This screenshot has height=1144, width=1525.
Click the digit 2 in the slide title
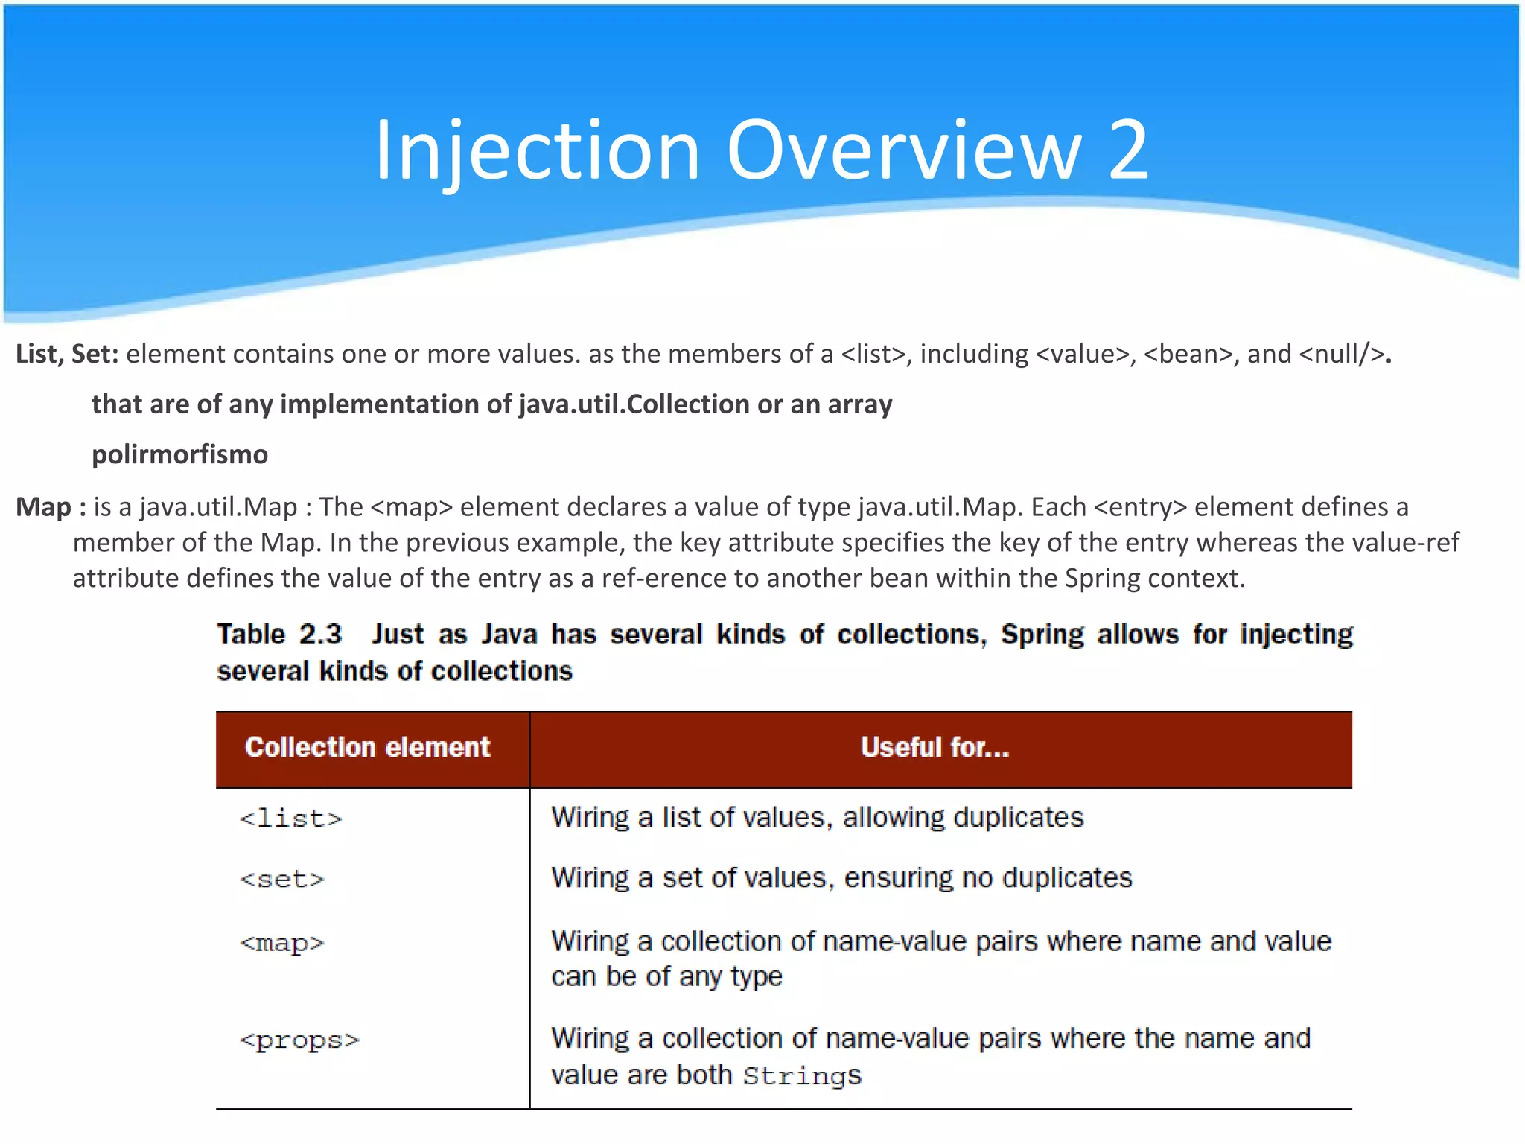[x=1128, y=150]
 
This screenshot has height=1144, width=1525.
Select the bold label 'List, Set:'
[x=67, y=354]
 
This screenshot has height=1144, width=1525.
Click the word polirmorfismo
[x=179, y=454]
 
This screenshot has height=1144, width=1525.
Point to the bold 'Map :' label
[x=51, y=507]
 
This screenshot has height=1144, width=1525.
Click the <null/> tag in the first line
[x=1342, y=354]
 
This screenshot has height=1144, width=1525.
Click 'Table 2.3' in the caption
[x=279, y=635]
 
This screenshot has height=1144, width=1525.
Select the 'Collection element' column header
[x=368, y=747]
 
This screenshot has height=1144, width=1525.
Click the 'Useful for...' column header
[x=935, y=747]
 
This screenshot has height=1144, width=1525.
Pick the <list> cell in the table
[x=291, y=819]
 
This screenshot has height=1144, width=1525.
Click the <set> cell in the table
[x=282, y=880]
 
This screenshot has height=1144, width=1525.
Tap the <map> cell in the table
[x=282, y=944]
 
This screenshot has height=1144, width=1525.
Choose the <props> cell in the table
[x=299, y=1040]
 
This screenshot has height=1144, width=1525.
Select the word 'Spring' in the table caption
[x=1042, y=635]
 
